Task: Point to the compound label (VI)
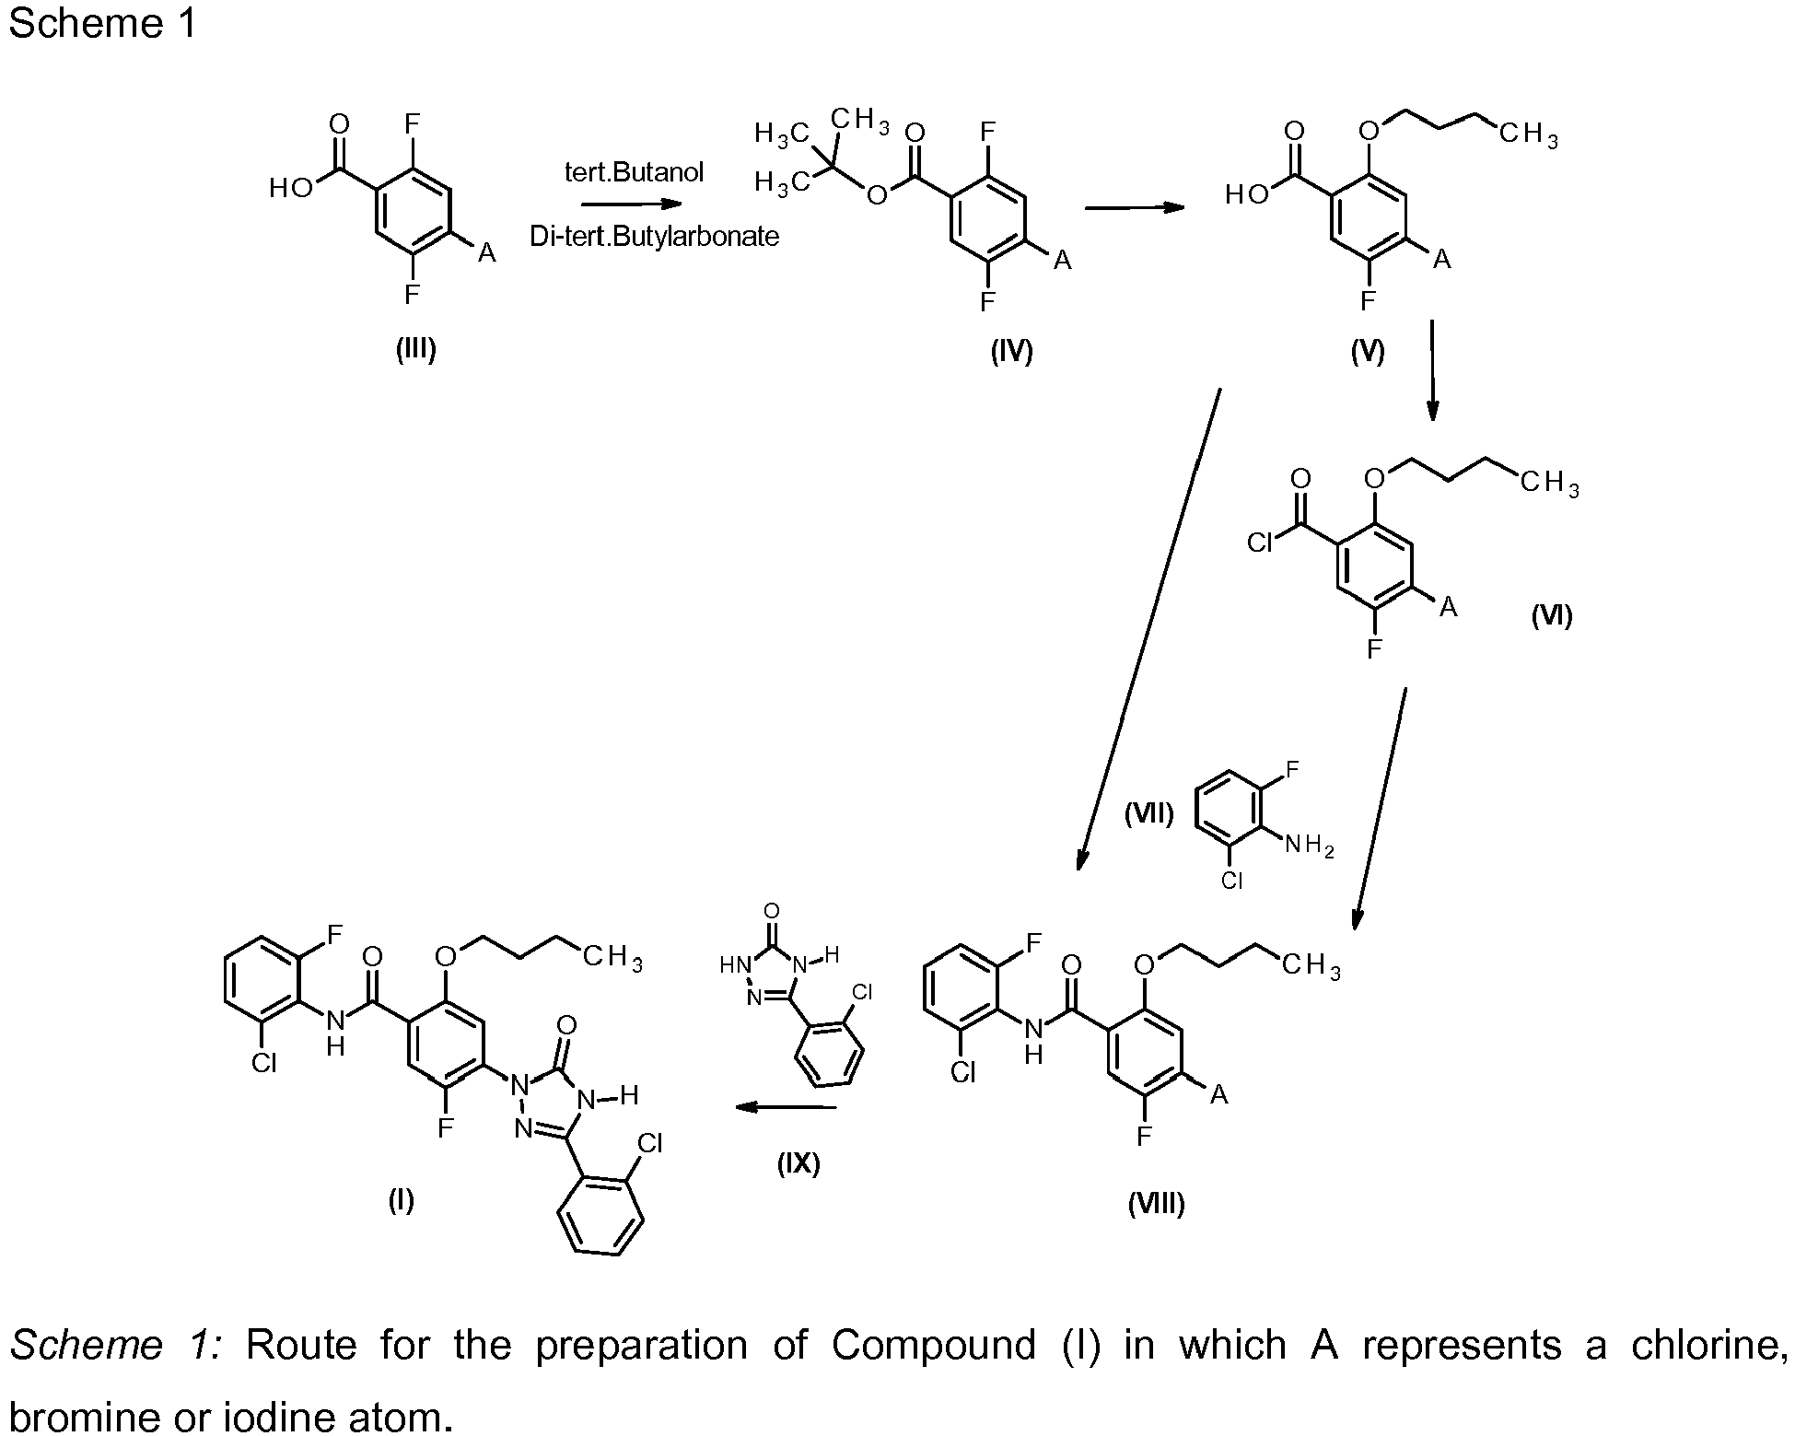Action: click(1552, 615)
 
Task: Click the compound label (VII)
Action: click(1148, 813)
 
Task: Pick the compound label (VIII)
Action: click(1156, 1203)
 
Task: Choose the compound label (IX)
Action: click(798, 1163)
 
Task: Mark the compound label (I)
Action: click(401, 1200)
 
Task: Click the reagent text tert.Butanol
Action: click(634, 172)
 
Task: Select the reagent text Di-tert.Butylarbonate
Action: click(654, 237)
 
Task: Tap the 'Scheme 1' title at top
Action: click(102, 23)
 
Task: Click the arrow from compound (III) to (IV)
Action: click(632, 204)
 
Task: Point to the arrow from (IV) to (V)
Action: click(1134, 208)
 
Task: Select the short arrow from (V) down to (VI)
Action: click(1431, 370)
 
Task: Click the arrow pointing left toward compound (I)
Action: click(785, 1107)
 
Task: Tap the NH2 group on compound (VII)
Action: click(1309, 845)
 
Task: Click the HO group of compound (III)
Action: click(291, 189)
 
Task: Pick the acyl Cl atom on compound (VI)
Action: click(1259, 543)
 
